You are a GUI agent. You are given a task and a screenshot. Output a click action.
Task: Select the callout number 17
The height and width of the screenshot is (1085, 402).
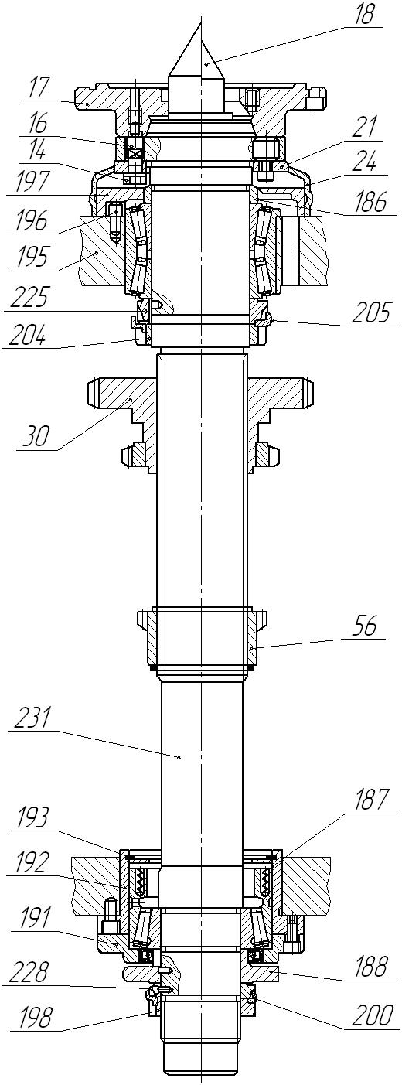tap(39, 90)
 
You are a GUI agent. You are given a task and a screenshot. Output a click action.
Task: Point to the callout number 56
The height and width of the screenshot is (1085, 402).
tap(363, 628)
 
